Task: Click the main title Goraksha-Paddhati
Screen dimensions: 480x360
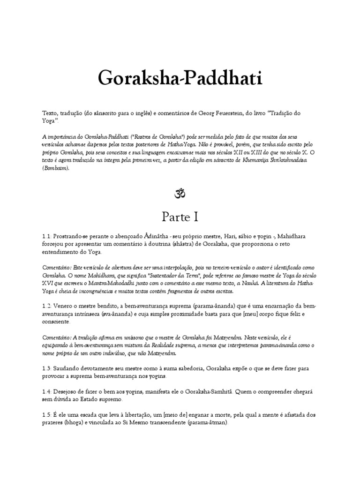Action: [x=180, y=78]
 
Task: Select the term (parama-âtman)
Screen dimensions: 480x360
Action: [x=201, y=423]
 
